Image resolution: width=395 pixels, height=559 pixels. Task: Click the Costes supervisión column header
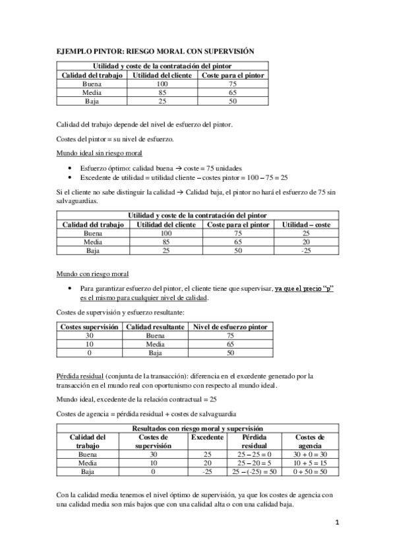pyautogui.click(x=90, y=326)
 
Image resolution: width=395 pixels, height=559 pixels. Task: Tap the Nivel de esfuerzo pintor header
pyautogui.click(x=229, y=326)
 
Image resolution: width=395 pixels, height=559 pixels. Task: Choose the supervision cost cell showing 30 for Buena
pyautogui.click(x=90, y=335)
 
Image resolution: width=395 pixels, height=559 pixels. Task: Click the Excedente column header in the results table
pyautogui.click(x=207, y=437)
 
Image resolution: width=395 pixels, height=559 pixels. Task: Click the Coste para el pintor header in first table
pyautogui.click(x=234, y=76)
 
